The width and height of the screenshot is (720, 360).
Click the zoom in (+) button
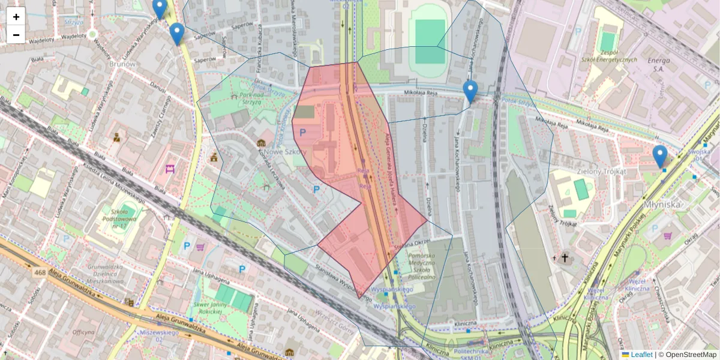click(16, 17)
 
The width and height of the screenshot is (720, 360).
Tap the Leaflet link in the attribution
click(641, 355)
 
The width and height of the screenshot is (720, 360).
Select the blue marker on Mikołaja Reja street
click(470, 92)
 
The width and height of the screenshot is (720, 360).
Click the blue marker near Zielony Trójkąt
click(659, 156)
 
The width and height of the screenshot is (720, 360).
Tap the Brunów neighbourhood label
click(123, 63)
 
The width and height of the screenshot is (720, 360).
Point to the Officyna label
click(83, 332)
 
